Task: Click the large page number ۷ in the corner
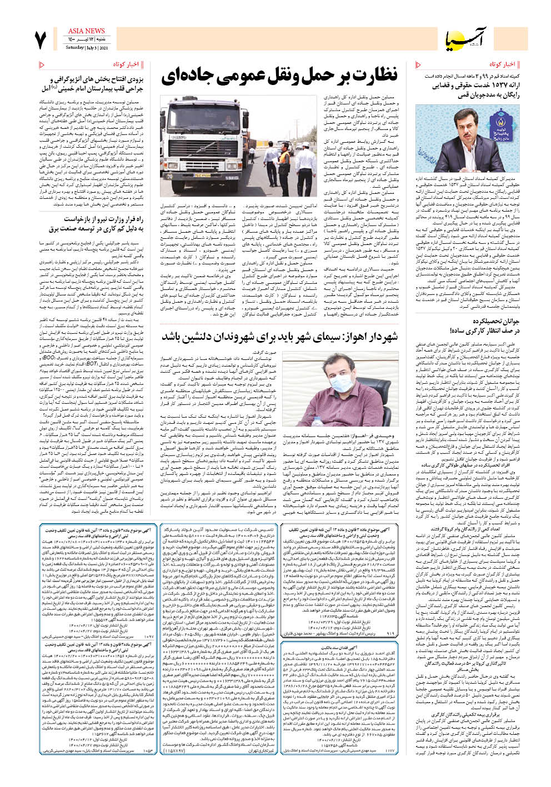(39, 40)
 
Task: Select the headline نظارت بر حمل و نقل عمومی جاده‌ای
(280, 76)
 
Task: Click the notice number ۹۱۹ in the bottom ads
(390, 633)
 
